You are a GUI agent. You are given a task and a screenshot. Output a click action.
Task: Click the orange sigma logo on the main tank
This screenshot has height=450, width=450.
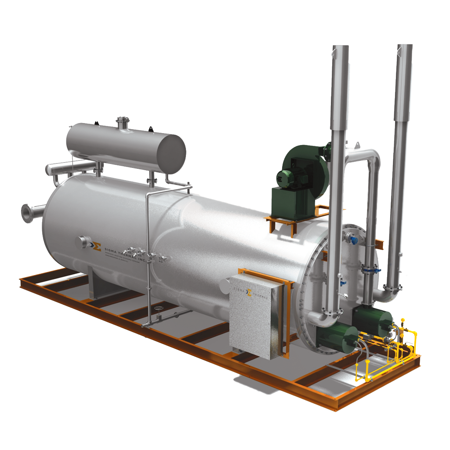pyautogui.click(x=96, y=246)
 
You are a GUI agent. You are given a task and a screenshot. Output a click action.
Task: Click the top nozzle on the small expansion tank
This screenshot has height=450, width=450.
pyautogui.click(x=123, y=122)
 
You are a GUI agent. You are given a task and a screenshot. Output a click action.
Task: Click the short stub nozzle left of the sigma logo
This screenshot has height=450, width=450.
pyautogui.click(x=82, y=242)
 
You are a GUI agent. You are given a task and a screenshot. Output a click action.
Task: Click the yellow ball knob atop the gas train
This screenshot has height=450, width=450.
pyautogui.click(x=403, y=320)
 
